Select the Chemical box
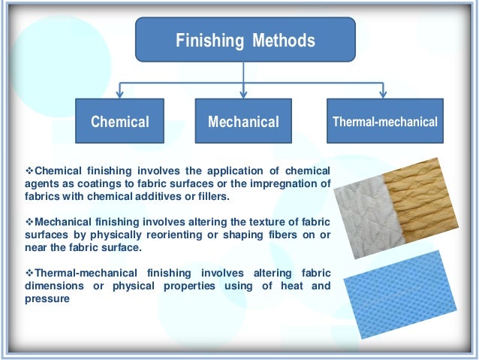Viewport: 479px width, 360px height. click(x=120, y=121)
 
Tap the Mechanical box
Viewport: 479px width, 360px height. click(x=243, y=121)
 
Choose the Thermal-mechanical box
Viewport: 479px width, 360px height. click(x=385, y=121)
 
